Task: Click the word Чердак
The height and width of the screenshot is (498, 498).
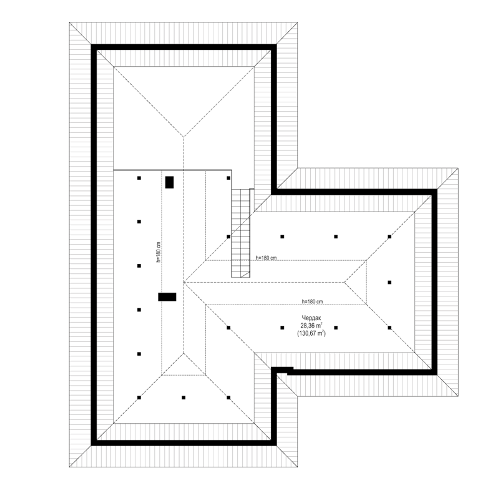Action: pos(311,318)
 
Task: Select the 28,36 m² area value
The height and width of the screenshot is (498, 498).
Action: pos(311,325)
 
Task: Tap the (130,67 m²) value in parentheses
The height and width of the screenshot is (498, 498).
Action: pos(311,333)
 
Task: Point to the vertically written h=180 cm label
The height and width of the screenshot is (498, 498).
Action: pos(158,252)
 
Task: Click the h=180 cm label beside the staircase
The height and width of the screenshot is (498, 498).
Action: pos(266,258)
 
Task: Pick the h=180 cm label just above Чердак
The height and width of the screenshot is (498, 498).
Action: pos(313,301)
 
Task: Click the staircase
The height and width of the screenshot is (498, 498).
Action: pos(241,233)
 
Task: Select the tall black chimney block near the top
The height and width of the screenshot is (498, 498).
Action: pos(170,182)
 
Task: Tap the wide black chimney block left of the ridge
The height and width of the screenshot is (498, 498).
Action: pos(167,296)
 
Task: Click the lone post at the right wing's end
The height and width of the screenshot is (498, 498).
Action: pos(389,282)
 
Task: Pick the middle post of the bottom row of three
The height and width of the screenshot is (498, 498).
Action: pos(183,398)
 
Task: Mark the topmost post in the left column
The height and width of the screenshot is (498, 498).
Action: pos(139,178)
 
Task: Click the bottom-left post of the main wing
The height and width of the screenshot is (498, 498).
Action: pos(139,398)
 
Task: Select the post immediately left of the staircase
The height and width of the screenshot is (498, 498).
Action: pos(228,237)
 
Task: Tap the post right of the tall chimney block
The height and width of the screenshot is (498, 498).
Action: pos(228,178)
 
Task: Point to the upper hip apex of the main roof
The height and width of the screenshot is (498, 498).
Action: pos(183,137)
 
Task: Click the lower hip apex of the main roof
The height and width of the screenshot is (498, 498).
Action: pos(183,353)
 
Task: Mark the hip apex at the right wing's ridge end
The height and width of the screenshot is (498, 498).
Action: pos(344,282)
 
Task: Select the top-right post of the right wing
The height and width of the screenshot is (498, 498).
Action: pos(389,237)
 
